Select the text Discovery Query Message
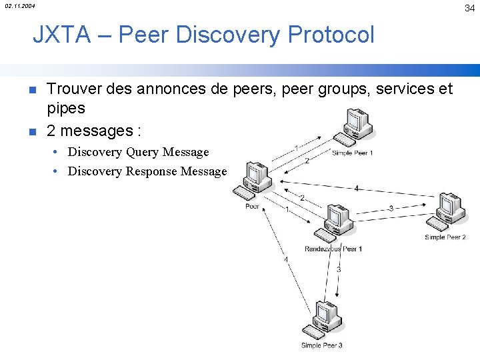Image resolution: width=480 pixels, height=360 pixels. pos(139,152)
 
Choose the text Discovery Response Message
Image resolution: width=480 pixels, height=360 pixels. pos(147,171)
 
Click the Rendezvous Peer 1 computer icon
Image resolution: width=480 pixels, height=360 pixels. pos(333,224)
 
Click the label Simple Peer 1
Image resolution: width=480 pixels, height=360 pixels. pos(353,153)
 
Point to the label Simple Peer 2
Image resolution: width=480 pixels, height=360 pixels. pos(445,237)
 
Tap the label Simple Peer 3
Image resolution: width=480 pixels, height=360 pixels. pos(322,345)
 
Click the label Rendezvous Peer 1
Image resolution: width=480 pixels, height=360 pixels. pos(333,249)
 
